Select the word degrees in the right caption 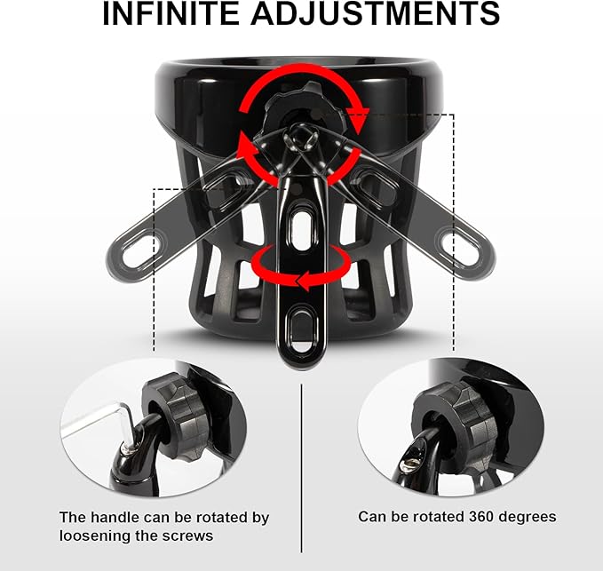[x=525, y=517]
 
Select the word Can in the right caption [x=370, y=516]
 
